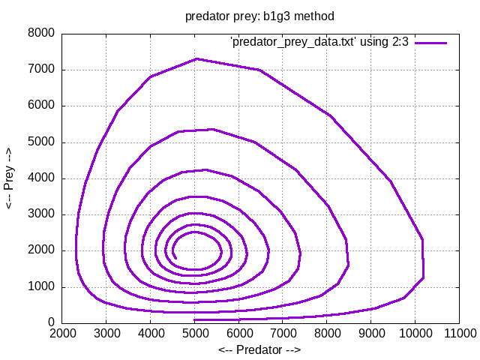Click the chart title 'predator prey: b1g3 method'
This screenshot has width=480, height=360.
[x=259, y=16]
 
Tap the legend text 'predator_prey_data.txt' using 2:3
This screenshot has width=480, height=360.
[x=319, y=42]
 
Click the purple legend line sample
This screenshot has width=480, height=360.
[x=431, y=43]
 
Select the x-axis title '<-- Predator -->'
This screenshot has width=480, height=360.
[x=259, y=349]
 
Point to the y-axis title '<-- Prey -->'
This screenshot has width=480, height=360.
[x=10, y=178]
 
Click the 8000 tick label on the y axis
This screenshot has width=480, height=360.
[x=40, y=34]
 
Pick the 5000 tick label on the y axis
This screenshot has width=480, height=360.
[x=40, y=142]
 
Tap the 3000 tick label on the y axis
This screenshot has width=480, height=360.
[x=40, y=214]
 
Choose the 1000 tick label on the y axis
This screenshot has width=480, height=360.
[x=40, y=287]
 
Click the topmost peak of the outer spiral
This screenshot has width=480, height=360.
[x=196, y=58]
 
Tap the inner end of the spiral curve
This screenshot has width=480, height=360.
[x=175, y=258]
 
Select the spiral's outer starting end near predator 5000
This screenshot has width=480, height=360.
[x=195, y=320]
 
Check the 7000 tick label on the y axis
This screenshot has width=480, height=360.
[x=40, y=70]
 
